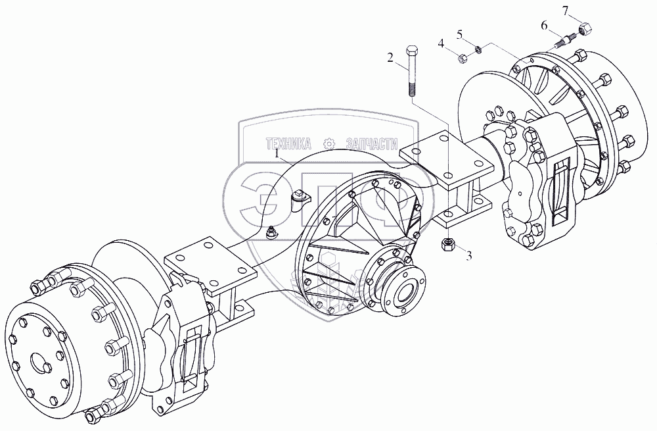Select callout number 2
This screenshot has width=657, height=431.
(x=390, y=57)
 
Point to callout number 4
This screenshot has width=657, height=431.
(x=442, y=43)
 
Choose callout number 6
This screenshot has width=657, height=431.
(x=544, y=25)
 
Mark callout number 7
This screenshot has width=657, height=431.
(x=564, y=9)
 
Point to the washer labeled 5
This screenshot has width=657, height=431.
(x=478, y=49)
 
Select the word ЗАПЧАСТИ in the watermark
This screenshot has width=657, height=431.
(x=373, y=143)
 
